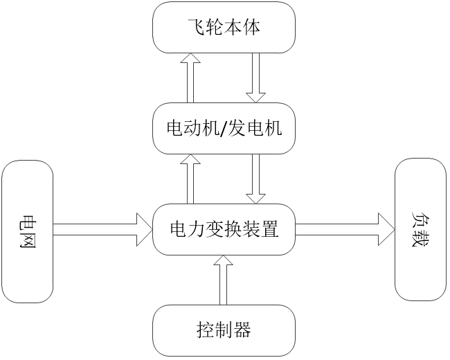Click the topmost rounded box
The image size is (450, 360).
click(x=224, y=28)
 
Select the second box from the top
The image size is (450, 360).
click(x=224, y=128)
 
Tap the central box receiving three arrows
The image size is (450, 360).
click(x=224, y=229)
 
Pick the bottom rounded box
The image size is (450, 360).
click(x=224, y=330)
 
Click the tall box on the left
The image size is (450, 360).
click(x=28, y=231)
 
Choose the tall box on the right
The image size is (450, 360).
click(x=420, y=229)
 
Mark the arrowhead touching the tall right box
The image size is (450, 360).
click(x=386, y=229)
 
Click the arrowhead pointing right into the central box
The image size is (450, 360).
click(x=144, y=229)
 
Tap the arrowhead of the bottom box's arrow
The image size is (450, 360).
click(x=223, y=260)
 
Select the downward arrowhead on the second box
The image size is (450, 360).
click(x=256, y=98)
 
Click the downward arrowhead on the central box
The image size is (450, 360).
click(x=256, y=199)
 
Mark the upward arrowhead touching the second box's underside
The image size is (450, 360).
click(x=190, y=159)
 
